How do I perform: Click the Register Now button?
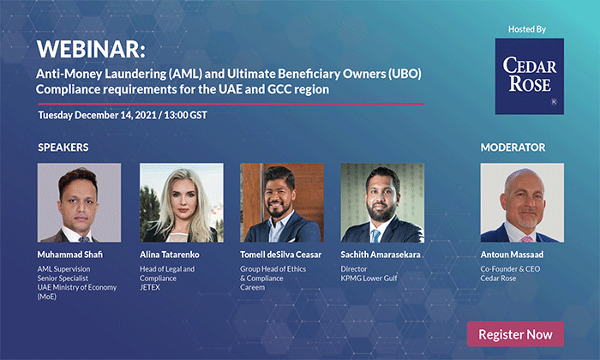tap(515, 334)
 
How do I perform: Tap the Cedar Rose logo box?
tap(529, 76)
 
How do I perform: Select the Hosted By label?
tap(527, 29)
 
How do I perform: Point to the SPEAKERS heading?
tap(63, 147)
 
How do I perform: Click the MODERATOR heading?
tap(513, 147)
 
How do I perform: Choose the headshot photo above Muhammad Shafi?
tap(79, 203)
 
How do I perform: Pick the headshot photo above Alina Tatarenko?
tap(182, 203)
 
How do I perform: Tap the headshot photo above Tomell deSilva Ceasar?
tap(282, 203)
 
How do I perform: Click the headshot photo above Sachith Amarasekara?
tap(382, 203)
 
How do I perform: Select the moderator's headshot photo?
tap(522, 203)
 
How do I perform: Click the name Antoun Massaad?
tap(512, 255)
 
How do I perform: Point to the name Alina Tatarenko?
tap(170, 255)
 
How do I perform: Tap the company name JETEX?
tap(150, 287)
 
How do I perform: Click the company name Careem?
tap(253, 287)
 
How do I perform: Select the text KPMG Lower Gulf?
tap(369, 278)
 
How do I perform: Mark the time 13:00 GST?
tap(186, 115)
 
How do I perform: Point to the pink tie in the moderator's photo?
tap(527, 239)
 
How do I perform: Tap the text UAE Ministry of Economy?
tap(77, 287)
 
